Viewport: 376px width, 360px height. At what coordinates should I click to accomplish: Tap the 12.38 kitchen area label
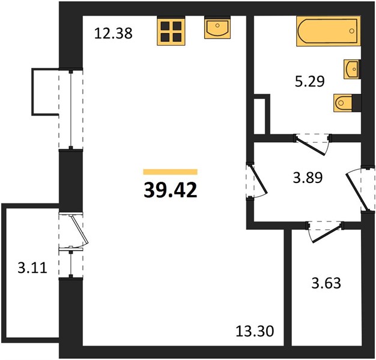coord(113,33)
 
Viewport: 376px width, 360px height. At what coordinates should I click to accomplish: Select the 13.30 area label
coord(255,332)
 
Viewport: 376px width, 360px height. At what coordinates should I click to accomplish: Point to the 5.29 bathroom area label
coord(309,81)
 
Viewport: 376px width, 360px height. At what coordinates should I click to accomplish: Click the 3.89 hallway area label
coord(308,178)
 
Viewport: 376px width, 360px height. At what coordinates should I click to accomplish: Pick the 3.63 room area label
coord(326,283)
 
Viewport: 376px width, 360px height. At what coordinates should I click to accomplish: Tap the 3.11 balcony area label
coord(32,268)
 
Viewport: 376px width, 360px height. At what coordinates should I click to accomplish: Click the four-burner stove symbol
coord(171,31)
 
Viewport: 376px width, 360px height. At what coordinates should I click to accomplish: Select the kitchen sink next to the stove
coord(217,28)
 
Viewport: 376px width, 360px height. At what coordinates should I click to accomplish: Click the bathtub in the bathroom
coord(329,31)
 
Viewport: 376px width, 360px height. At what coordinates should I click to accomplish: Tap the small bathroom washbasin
coord(352,69)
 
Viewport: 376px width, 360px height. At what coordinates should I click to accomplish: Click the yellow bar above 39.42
coord(170,172)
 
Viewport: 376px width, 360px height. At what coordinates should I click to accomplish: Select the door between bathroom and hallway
coord(312,145)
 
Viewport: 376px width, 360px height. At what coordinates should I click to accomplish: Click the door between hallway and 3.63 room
coord(325,232)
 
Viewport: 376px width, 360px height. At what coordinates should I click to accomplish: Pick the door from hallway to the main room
coord(256,181)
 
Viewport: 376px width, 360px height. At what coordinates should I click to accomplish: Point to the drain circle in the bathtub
coord(352,31)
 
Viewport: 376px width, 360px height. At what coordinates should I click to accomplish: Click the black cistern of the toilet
coord(357,103)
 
